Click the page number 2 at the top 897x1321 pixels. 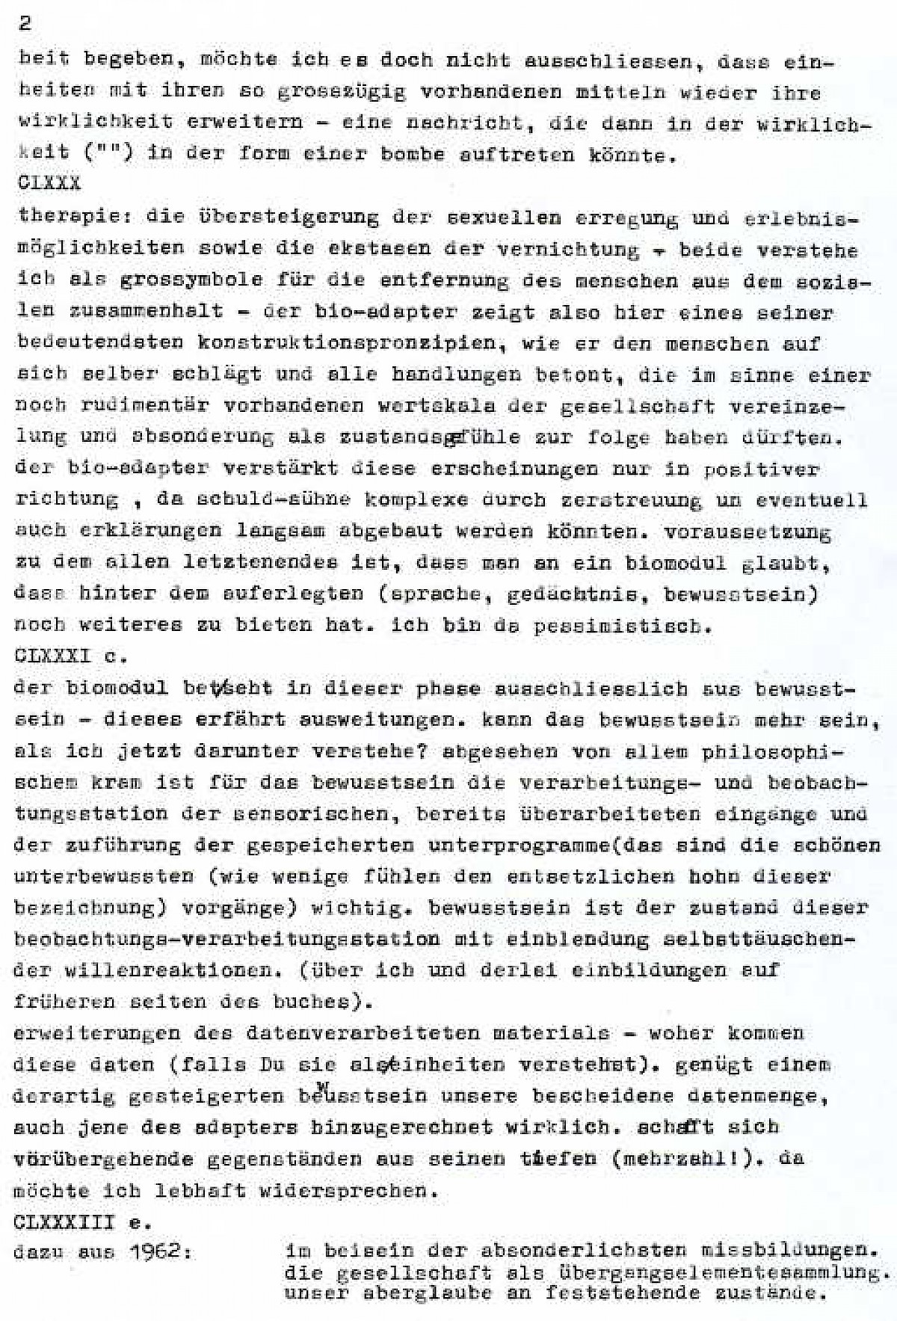point(25,23)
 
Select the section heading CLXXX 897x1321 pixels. point(49,182)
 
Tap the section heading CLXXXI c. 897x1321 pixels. point(70,656)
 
